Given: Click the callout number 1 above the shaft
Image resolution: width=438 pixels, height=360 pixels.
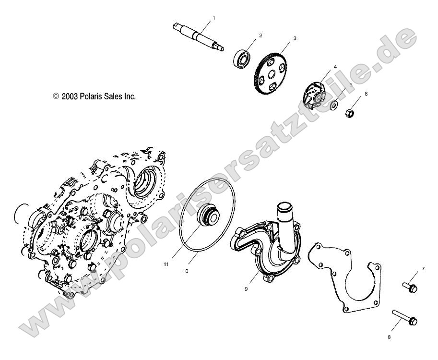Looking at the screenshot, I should [x=214, y=18].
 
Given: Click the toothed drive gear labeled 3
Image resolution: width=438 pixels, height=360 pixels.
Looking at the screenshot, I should [x=276, y=75].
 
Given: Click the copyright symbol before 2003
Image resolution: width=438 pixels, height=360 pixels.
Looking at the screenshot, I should [x=56, y=96].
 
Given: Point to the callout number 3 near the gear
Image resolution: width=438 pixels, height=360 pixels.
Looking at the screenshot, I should [x=295, y=37].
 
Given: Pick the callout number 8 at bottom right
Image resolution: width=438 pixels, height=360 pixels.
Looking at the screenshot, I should [x=389, y=337].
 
